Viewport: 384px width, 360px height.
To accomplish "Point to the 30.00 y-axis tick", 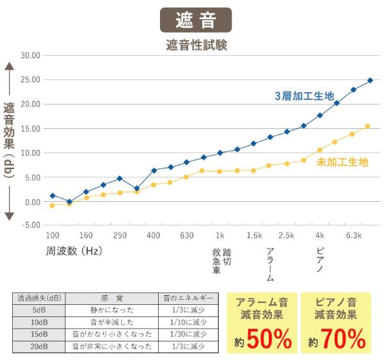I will tap(31, 55).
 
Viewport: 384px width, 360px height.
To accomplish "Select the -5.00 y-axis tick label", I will tap(31, 225).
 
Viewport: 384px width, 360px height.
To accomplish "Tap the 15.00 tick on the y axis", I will tap(31, 128).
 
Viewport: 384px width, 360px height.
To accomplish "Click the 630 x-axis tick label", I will tap(187, 235).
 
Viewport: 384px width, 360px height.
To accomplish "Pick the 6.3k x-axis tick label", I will tap(354, 235).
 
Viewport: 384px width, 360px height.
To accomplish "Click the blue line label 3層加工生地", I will tap(304, 96).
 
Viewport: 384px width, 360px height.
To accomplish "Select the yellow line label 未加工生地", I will tap(342, 162).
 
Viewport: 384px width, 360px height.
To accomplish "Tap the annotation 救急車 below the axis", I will tap(216, 261).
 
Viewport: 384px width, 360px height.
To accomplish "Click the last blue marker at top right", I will tap(370, 81).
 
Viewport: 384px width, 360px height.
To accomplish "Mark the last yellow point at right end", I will tap(367, 126).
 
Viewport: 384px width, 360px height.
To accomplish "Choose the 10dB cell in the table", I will tap(39, 322).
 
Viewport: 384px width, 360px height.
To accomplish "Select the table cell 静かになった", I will tap(112, 309).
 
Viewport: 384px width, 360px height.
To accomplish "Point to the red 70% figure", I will tap(342, 338).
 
